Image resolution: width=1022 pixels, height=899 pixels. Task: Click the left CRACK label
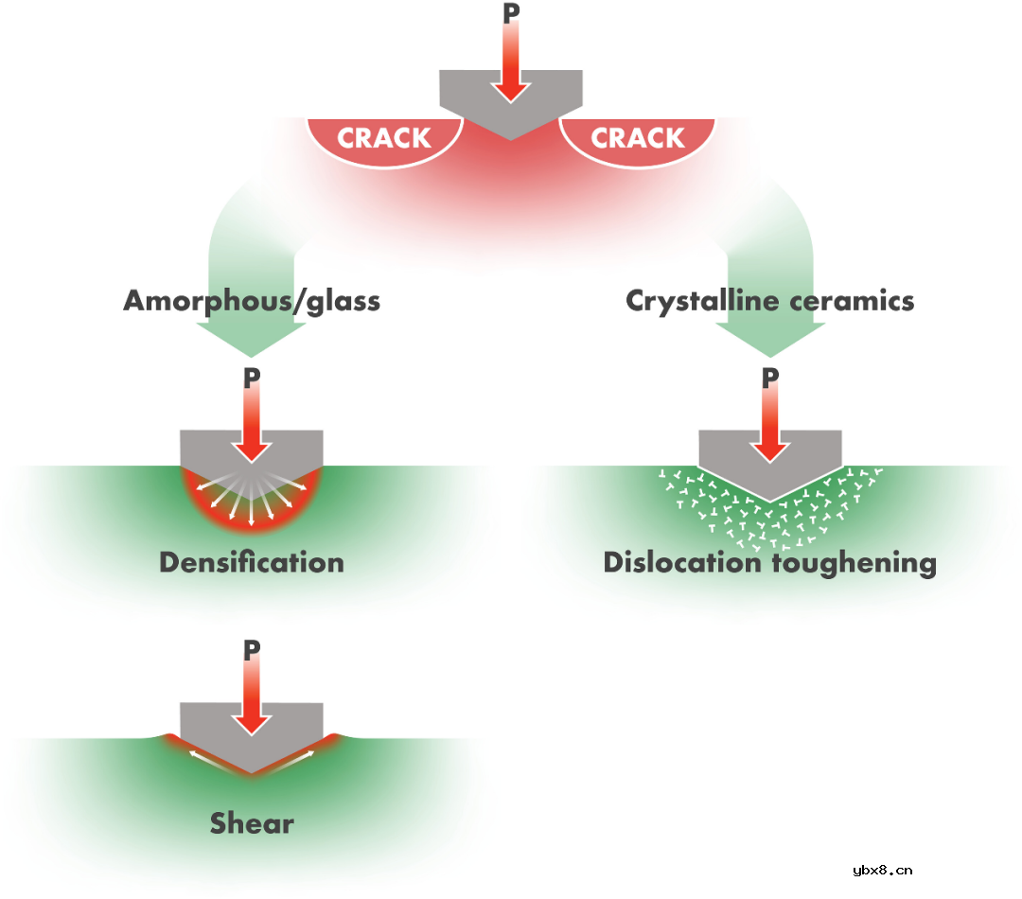tap(384, 138)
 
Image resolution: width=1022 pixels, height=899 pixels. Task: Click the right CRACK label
tap(638, 138)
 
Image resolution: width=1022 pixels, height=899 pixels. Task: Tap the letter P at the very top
tap(511, 13)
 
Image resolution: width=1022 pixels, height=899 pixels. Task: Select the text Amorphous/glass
tap(252, 301)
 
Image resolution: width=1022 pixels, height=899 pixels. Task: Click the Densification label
tap(252, 562)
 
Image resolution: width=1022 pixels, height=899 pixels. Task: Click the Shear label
tap(252, 823)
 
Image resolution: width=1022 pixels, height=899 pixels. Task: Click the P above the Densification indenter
tap(252, 378)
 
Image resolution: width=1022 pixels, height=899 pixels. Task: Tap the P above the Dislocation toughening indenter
tap(770, 378)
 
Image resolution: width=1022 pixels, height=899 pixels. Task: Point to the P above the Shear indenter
tap(252, 650)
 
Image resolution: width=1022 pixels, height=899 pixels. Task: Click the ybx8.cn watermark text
tap(882, 871)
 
